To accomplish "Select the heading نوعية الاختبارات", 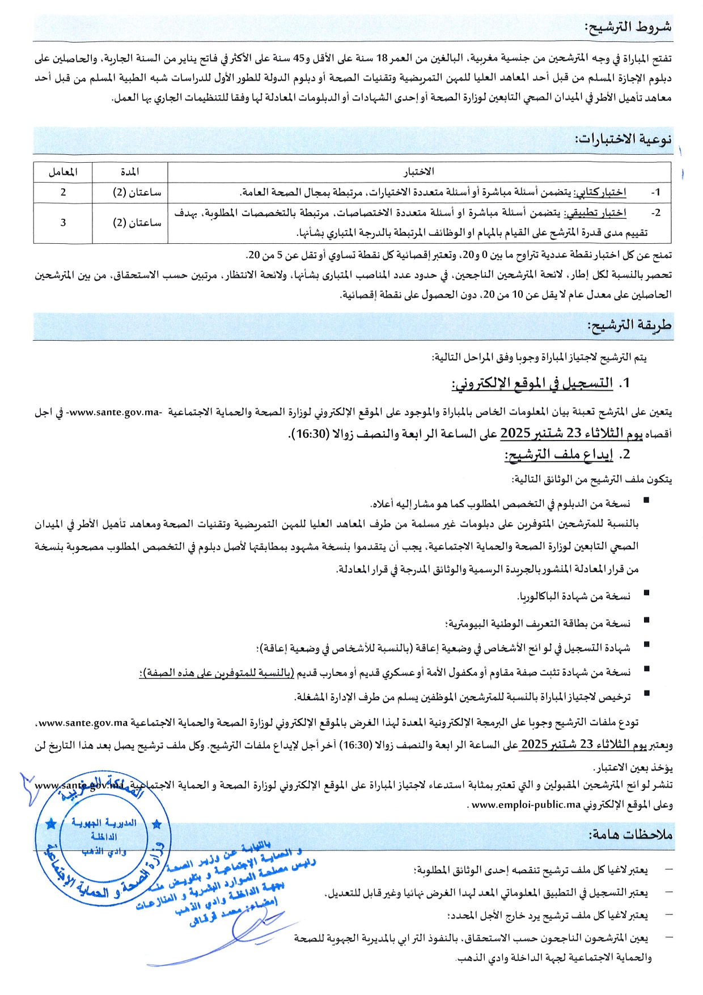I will click(x=623, y=139).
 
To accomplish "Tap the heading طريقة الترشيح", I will click(x=629, y=325).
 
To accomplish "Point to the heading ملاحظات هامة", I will click(x=630, y=835).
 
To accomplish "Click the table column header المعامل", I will click(x=63, y=172).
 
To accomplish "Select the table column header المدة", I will click(x=130, y=172).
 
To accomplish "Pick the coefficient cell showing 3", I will click(x=63, y=223).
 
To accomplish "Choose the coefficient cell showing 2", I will click(x=63, y=192).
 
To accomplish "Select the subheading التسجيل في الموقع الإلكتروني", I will click(x=532, y=384).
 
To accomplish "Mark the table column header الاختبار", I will click(x=418, y=172).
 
